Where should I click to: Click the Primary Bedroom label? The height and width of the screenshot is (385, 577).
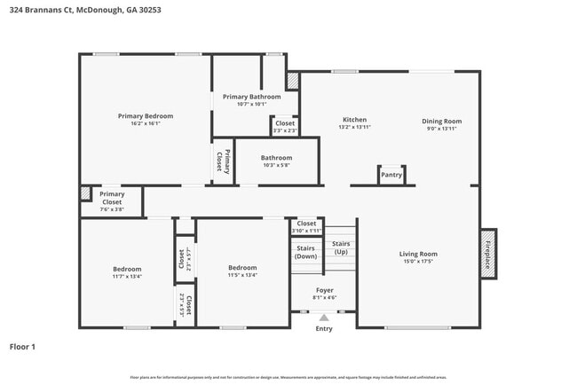click(146, 116)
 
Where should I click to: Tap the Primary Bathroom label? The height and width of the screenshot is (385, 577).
click(251, 97)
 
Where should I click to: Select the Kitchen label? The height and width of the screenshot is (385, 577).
click(354, 120)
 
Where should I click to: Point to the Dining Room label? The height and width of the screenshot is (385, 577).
click(441, 121)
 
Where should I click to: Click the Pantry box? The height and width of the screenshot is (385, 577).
click(391, 175)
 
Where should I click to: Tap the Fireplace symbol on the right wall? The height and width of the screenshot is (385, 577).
click(487, 255)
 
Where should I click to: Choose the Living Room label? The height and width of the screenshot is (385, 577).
click(417, 254)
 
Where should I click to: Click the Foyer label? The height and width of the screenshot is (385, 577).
click(325, 290)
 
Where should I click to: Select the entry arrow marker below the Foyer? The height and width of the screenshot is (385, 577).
click(324, 316)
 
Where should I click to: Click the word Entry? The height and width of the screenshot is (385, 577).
click(324, 329)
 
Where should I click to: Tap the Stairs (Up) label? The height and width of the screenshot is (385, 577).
click(341, 247)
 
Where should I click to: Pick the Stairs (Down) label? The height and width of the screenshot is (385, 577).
click(305, 252)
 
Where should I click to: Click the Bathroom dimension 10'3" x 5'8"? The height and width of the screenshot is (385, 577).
click(276, 165)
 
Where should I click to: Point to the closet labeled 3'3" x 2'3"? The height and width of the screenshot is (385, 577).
click(285, 131)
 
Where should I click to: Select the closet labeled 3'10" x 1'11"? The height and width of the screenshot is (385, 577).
click(306, 231)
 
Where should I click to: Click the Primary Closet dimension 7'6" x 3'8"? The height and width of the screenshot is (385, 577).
click(112, 209)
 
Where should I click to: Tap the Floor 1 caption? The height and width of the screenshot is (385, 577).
click(22, 347)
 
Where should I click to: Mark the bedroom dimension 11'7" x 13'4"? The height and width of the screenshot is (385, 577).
click(127, 276)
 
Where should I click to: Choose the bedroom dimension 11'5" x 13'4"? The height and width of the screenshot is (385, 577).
click(242, 275)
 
